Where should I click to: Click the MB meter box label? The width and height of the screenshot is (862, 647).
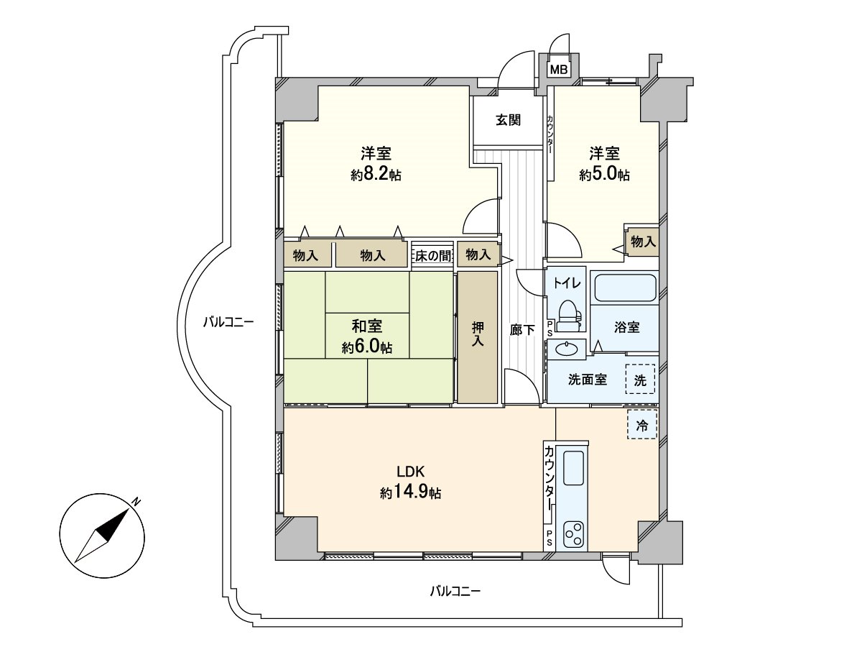pos(558,70)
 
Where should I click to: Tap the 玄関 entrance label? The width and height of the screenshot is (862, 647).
pos(507,120)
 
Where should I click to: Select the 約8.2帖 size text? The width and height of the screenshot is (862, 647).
pos(376,175)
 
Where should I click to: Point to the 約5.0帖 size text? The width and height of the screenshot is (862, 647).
pos(605,175)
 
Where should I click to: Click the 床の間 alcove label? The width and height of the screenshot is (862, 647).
pos(432,254)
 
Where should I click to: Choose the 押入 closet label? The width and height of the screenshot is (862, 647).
pos(478,335)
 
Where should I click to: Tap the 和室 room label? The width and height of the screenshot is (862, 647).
pos(367,324)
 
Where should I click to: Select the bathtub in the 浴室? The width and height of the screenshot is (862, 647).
pos(624,288)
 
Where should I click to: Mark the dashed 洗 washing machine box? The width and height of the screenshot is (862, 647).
pos(640,379)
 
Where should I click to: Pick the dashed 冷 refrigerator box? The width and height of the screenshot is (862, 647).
pos(642,425)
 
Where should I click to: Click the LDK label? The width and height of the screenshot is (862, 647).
pos(412,472)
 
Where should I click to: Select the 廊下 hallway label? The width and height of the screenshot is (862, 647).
pos(522,330)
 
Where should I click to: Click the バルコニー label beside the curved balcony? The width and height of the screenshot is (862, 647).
pos(228,322)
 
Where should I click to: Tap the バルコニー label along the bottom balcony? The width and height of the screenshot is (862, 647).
pos(455,592)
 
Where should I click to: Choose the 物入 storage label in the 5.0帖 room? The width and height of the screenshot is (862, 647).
pos(643,242)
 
